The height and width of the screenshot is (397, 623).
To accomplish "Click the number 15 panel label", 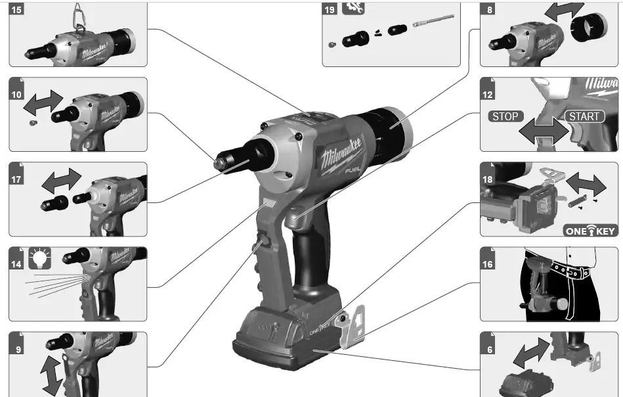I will pos(16,10).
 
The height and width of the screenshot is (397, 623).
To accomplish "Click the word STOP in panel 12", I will pos(505,116).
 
